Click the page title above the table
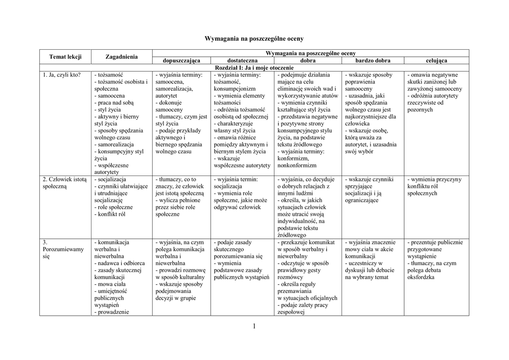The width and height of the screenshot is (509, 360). click(x=254, y=38)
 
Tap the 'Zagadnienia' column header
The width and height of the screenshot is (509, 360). click(x=121, y=57)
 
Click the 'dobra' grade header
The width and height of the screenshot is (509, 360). click(x=308, y=61)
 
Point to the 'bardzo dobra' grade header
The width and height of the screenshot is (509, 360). click(x=372, y=61)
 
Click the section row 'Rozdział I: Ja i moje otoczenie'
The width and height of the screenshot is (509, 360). click(x=254, y=68)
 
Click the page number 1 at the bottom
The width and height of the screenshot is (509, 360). click(x=254, y=326)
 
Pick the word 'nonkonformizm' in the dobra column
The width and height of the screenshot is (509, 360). click(x=297, y=165)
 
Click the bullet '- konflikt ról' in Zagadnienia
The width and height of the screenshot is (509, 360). click(x=110, y=214)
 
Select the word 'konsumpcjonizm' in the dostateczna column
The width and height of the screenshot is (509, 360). click(x=235, y=89)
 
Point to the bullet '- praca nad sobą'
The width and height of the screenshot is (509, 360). click(x=114, y=103)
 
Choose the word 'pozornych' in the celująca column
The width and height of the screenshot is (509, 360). click(x=420, y=110)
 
